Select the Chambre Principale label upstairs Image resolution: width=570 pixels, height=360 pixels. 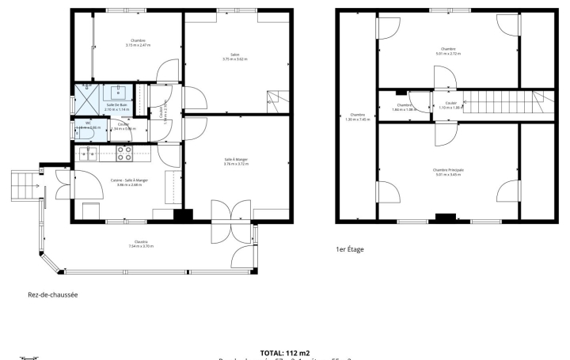[448, 169]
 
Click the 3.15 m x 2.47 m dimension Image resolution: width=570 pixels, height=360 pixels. [138, 45]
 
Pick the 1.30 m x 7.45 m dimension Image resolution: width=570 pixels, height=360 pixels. [357, 119]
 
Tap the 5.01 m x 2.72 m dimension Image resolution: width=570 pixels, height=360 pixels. [448, 53]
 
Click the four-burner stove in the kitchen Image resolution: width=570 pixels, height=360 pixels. [123, 153]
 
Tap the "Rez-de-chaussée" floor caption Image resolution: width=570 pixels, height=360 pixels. [52, 295]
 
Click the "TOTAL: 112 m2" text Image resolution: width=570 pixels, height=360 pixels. [284, 352]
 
